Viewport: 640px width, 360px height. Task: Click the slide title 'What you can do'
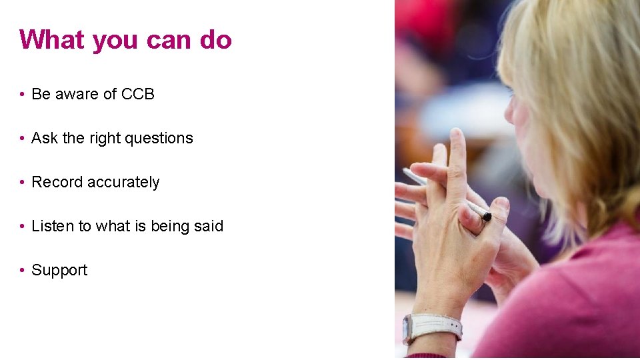[x=125, y=40]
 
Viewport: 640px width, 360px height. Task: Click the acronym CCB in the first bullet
[x=137, y=95]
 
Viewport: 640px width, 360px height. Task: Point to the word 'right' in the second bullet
[x=107, y=139]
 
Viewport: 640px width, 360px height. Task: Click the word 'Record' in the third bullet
[x=54, y=183]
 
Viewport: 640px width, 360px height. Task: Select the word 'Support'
[x=59, y=271]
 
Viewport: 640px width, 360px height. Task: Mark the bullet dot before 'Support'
[x=22, y=271]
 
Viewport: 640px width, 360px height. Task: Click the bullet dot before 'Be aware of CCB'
[x=22, y=95]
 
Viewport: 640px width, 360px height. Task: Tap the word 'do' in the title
[x=215, y=40]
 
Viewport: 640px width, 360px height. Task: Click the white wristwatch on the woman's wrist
[x=433, y=327]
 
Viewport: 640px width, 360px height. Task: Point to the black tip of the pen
[x=487, y=217]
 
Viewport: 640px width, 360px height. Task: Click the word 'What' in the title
[x=53, y=40]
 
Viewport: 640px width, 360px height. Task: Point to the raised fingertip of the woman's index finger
[x=457, y=135]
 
